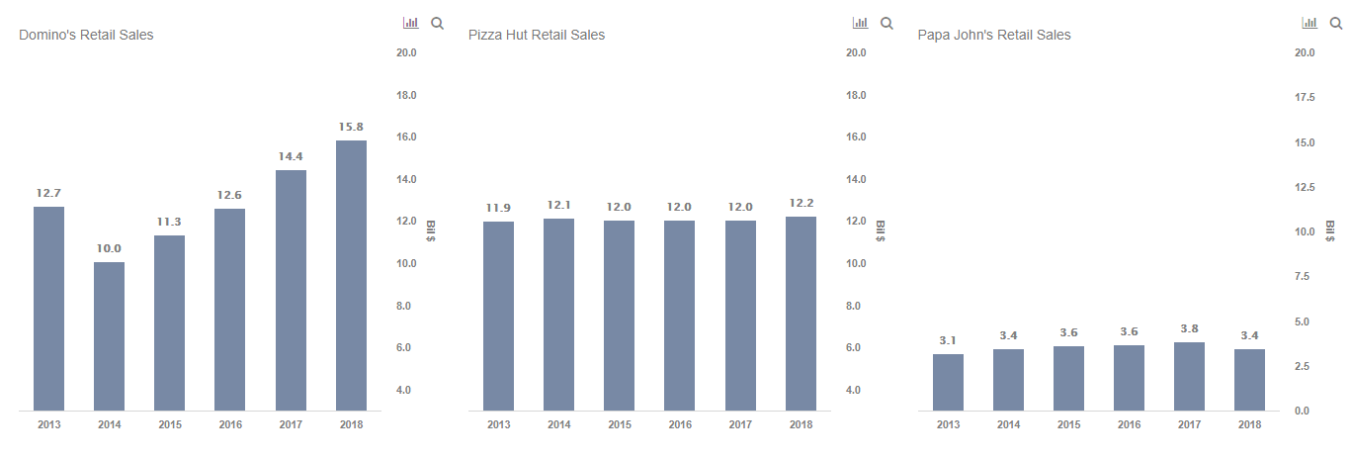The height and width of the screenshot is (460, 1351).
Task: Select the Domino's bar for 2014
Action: click(x=109, y=336)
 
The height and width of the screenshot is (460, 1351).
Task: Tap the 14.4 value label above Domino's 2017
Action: click(x=291, y=156)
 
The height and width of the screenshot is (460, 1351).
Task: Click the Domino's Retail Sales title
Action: click(x=86, y=35)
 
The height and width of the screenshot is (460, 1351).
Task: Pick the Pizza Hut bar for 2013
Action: click(x=498, y=316)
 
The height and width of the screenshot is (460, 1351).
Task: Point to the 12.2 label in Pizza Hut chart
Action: click(x=801, y=203)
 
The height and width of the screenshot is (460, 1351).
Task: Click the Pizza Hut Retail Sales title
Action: click(x=537, y=35)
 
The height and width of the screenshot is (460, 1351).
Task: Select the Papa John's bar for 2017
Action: click(x=1189, y=376)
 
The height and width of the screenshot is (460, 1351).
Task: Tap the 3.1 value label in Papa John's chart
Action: click(x=948, y=340)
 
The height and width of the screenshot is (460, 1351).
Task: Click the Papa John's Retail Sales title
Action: click(x=994, y=35)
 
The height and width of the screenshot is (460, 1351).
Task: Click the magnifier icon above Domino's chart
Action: click(x=437, y=23)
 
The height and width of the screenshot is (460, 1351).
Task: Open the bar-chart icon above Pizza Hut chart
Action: click(x=860, y=23)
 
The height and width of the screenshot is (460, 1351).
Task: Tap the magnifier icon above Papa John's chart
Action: click(x=1336, y=23)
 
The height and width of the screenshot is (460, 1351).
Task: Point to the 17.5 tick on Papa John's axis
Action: click(x=1305, y=97)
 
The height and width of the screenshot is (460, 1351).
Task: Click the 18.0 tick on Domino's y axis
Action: click(x=405, y=95)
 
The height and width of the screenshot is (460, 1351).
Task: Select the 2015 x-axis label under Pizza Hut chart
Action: click(x=619, y=424)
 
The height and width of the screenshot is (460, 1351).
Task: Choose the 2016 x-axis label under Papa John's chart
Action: click(x=1129, y=424)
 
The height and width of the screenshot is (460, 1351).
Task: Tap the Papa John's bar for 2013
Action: click(x=948, y=382)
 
